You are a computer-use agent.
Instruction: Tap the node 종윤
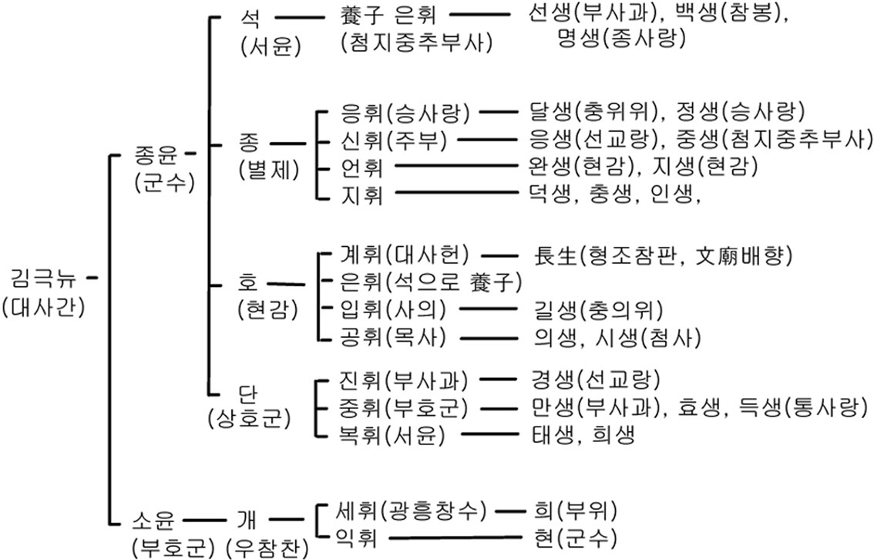(157, 156)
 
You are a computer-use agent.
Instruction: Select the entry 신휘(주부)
(392, 140)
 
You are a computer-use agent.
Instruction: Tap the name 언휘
(361, 167)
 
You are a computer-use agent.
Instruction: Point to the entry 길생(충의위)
(597, 309)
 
